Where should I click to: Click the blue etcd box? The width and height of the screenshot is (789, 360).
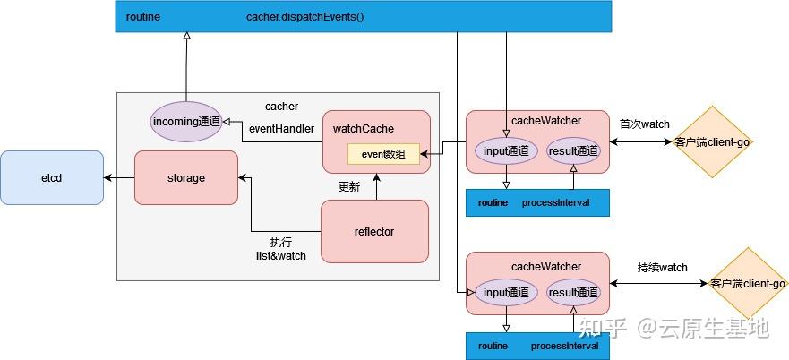tap(51, 177)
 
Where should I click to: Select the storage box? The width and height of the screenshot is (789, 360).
tap(185, 177)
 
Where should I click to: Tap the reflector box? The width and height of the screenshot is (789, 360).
tap(374, 231)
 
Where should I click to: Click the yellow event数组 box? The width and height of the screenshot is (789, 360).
tap(383, 154)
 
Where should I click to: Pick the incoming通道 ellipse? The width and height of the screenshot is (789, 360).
tap(185, 121)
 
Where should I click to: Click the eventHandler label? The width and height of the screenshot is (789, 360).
tap(281, 128)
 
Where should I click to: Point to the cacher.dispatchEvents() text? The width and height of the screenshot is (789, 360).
tap(304, 17)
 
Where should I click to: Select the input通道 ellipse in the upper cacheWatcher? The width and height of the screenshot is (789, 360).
tap(507, 151)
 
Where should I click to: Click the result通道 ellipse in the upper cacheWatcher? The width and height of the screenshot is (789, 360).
tap(572, 151)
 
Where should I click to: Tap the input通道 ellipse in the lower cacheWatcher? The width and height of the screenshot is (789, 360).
tap(507, 293)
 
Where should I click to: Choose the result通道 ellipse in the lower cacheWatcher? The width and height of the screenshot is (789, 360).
tap(572, 293)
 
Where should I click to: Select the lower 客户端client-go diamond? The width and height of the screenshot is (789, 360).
tap(747, 283)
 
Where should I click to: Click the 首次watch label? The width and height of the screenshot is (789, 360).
tap(644, 124)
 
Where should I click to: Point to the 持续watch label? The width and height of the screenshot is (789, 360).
tap(663, 267)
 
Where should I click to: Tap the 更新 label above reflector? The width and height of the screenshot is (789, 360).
tap(349, 186)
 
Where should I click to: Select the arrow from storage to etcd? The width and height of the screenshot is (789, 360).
tap(118, 177)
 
